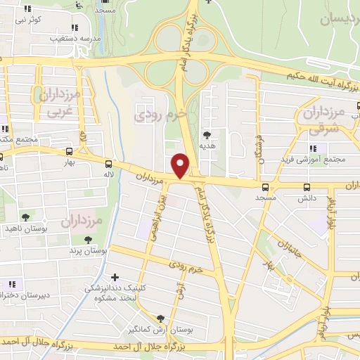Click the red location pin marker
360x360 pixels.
(181, 165)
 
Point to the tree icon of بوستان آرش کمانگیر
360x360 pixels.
(161, 318)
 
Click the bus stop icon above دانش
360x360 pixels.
(306, 187)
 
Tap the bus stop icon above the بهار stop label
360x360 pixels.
(68, 151)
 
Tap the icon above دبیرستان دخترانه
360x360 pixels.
(11, 285)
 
